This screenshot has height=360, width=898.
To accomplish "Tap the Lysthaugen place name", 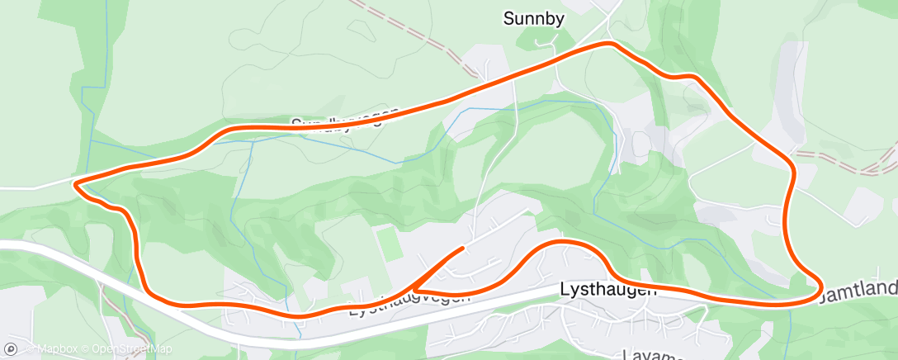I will [608, 290].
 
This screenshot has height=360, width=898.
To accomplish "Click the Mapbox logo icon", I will [11, 349].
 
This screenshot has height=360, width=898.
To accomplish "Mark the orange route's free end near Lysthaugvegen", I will [462, 248].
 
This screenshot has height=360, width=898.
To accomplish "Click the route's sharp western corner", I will [76, 185].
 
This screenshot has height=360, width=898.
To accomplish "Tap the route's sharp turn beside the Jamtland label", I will [820, 288].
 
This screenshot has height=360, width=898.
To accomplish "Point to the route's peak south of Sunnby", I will [609, 43].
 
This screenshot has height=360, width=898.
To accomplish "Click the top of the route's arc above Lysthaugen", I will [562, 242].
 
